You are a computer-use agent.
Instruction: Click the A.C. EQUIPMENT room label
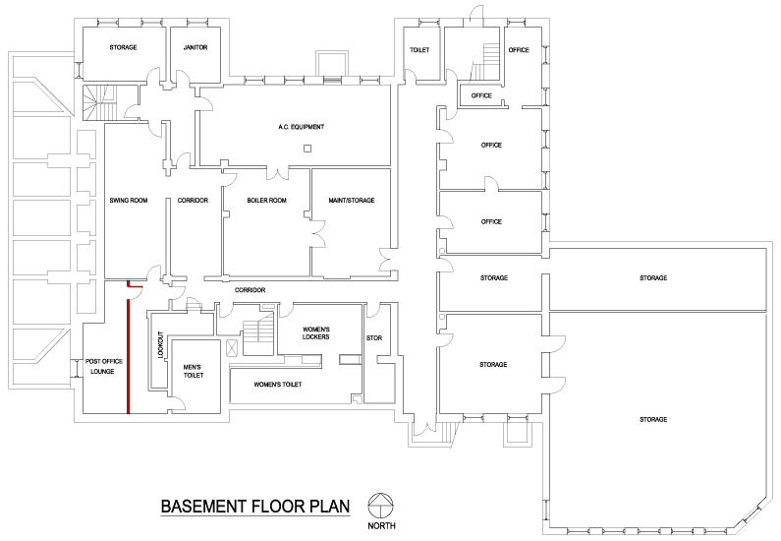click(301, 127)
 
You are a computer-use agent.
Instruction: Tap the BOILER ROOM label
click(266, 201)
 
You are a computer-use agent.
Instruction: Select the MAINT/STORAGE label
click(351, 201)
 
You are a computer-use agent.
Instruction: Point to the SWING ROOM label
click(129, 201)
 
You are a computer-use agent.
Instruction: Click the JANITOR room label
click(195, 47)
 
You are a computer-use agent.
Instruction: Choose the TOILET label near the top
click(419, 50)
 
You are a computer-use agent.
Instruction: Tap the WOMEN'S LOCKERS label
click(316, 333)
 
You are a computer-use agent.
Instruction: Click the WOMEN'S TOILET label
click(278, 385)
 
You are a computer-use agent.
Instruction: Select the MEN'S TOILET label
click(193, 371)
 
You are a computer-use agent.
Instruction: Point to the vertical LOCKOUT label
click(160, 344)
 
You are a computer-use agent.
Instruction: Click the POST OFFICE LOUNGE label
click(103, 367)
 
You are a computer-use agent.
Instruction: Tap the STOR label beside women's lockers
click(374, 338)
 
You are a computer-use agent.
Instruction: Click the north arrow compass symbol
click(380, 506)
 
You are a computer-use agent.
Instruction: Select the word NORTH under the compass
click(381, 525)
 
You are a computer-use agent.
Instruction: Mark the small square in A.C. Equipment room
click(307, 149)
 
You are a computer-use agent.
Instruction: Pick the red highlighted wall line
click(129, 347)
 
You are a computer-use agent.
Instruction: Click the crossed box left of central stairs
click(232, 348)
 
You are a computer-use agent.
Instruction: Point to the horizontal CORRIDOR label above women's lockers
click(251, 290)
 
